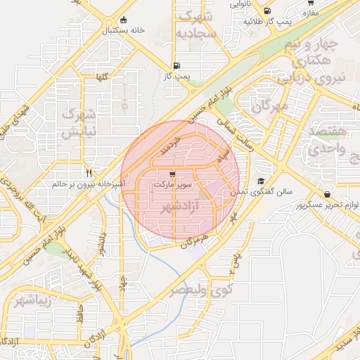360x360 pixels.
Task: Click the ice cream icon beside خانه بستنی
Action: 124,20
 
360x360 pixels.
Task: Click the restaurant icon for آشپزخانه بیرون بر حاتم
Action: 89,173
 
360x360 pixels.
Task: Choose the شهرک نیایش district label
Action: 78,122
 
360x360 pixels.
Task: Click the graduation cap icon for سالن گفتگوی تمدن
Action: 261,181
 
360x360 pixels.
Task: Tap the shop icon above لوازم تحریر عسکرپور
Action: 327,194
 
